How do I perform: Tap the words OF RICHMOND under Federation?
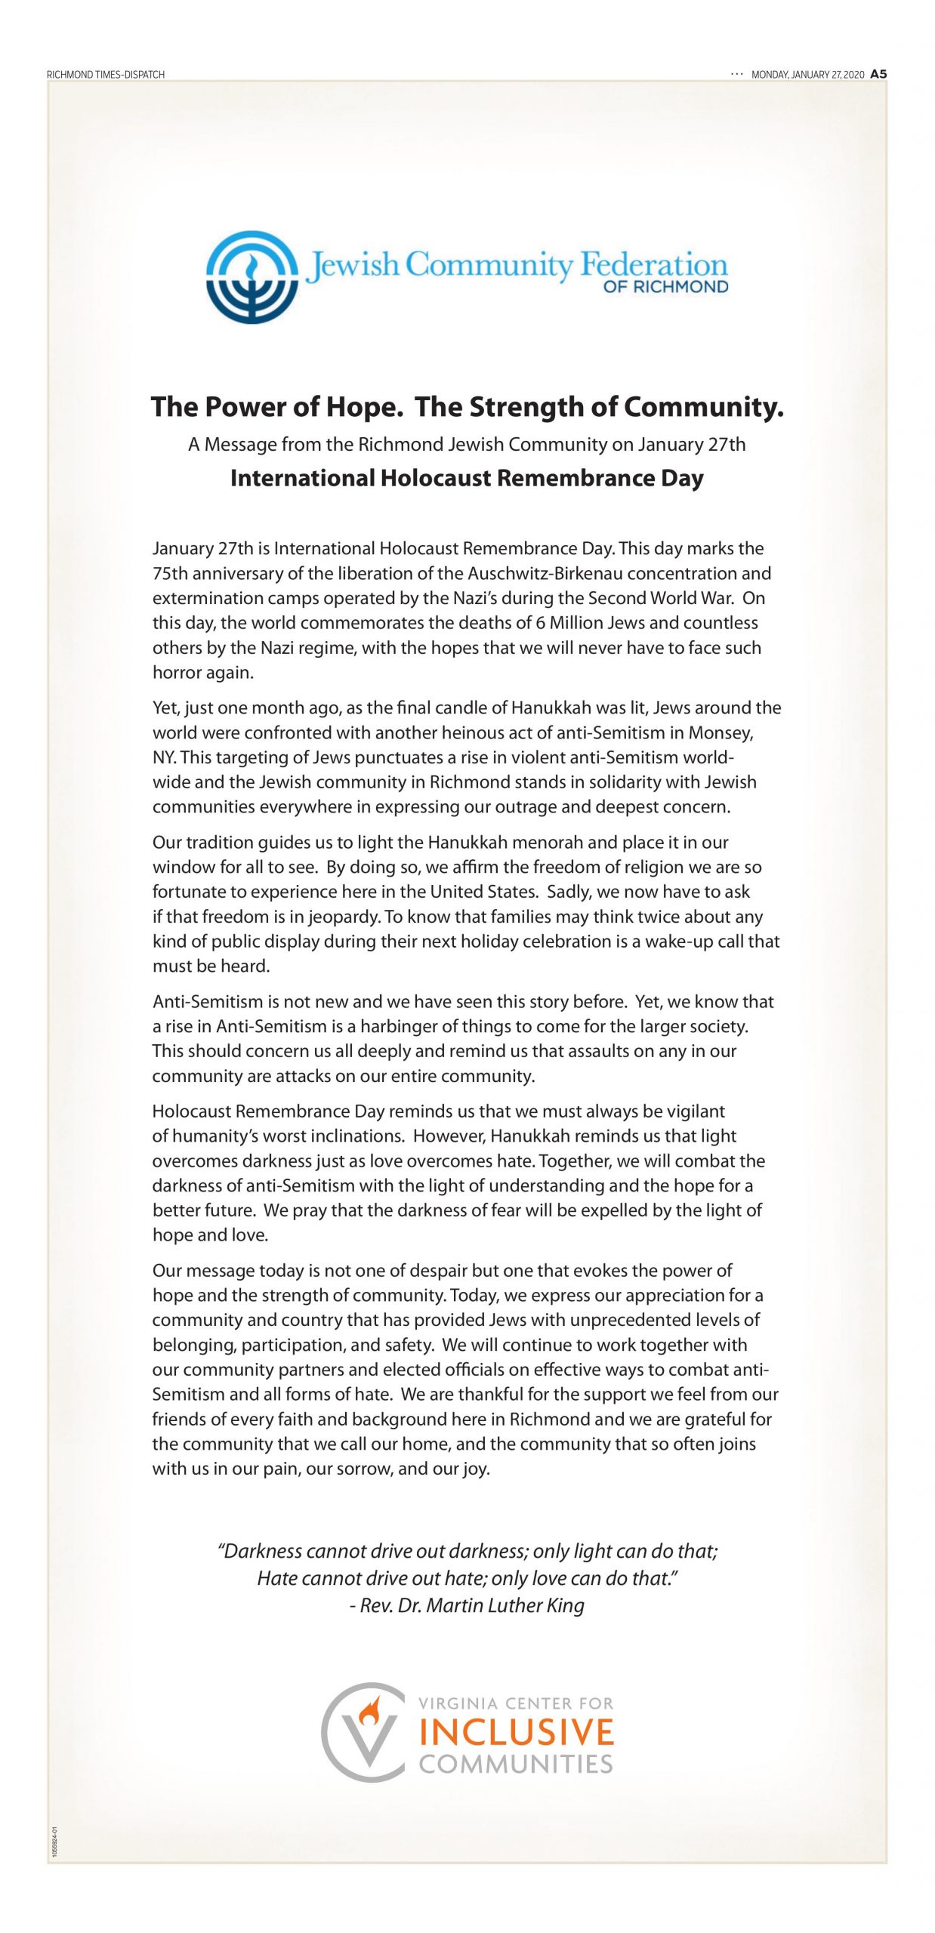(665, 287)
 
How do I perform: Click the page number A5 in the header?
(878, 74)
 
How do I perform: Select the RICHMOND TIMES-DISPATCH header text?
(106, 75)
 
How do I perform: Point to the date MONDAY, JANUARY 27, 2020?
(807, 75)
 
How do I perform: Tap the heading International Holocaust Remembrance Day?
(467, 478)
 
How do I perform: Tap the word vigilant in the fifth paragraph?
(695, 1111)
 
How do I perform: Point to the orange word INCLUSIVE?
(517, 1732)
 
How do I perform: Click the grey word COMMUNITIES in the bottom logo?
(516, 1764)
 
